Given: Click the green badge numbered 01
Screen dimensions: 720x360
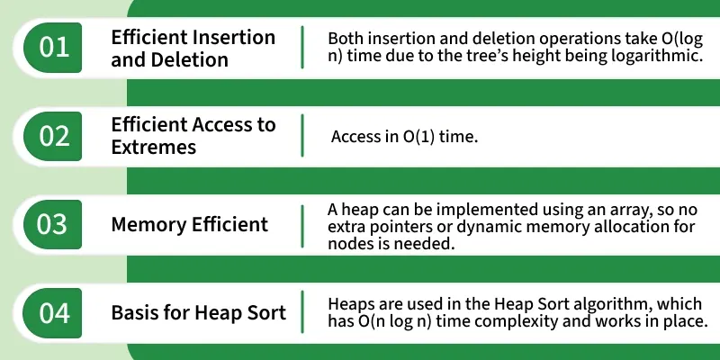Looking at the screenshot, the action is click(x=52, y=48).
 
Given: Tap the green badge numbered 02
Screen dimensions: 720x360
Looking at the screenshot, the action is click(x=52, y=136).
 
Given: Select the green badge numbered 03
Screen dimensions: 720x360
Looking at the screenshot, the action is click(x=52, y=224).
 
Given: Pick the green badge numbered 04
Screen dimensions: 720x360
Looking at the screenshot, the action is click(x=52, y=312).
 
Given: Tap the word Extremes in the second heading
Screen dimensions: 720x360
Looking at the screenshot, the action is click(x=153, y=147).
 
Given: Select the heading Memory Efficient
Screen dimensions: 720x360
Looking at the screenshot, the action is click(x=190, y=224).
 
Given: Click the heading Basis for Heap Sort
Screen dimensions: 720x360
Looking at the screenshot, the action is click(x=198, y=313).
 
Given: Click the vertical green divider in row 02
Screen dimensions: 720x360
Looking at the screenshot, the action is click(x=302, y=136).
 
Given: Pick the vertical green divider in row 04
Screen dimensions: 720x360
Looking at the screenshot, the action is click(x=302, y=312).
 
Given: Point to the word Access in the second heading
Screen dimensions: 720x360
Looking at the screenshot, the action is click(x=223, y=125).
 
